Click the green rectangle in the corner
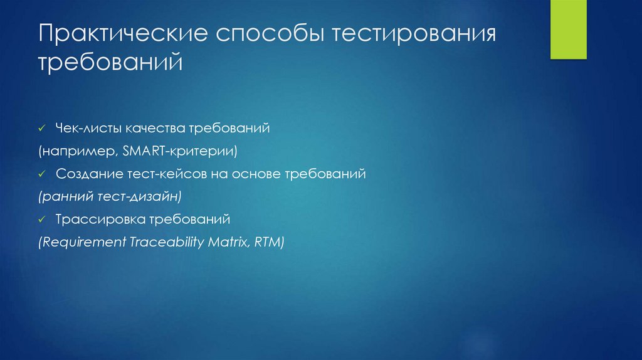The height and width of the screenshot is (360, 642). [568, 29]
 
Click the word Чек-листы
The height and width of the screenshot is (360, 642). [88, 128]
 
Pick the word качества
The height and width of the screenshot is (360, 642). [155, 128]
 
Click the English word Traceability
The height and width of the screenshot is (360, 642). [167, 243]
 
